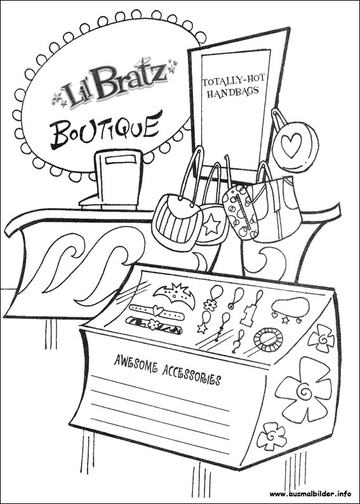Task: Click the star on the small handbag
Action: coord(212,225)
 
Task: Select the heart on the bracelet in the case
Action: coord(158,310)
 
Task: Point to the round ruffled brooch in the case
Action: coord(268,340)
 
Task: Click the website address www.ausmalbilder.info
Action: coord(310,493)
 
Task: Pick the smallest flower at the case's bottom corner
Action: coord(272,436)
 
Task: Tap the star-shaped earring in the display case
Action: coord(203,328)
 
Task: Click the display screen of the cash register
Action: coord(121,160)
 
